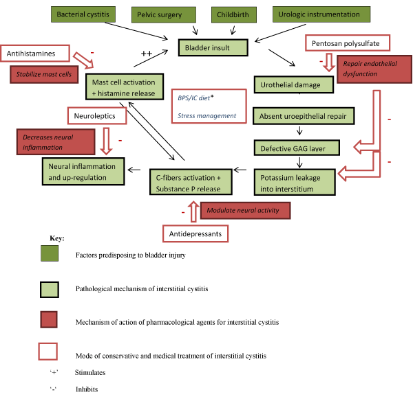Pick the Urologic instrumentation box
(x=320, y=14)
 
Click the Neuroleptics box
(x=97, y=115)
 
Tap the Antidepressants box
(x=195, y=234)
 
